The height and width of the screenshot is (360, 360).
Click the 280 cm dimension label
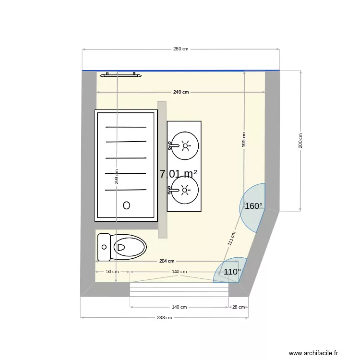point(181,49)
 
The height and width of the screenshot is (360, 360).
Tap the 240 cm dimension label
point(181,92)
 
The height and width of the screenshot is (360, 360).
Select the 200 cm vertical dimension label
point(300,141)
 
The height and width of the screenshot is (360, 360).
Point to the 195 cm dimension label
point(244,140)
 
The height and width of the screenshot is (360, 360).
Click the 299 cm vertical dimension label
point(117,177)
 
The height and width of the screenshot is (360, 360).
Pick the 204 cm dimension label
point(167,261)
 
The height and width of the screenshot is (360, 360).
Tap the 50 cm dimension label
point(112,272)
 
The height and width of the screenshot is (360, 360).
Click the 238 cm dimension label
point(164,317)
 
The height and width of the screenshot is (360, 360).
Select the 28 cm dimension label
point(239,307)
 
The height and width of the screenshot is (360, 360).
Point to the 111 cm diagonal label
point(231,239)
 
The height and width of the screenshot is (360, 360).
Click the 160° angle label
point(254,206)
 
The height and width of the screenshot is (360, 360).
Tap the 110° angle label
point(232,272)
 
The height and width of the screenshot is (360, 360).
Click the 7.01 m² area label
point(178,174)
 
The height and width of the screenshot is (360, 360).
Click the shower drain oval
point(127,205)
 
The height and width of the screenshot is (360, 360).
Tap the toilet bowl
point(129,247)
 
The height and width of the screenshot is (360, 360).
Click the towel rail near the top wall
point(120,75)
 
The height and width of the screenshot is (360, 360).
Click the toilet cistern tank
point(104,247)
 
